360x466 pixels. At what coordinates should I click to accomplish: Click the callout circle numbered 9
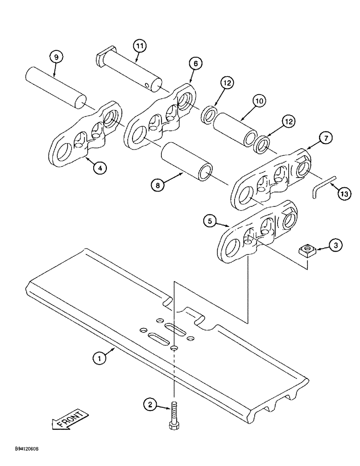pyautogui.click(x=55, y=57)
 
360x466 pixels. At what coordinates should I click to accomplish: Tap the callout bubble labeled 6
pyautogui.click(x=195, y=64)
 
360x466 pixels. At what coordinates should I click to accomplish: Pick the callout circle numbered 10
pyautogui.click(x=259, y=101)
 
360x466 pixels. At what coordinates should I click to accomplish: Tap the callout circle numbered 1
pyautogui.click(x=99, y=359)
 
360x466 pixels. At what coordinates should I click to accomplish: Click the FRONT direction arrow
pyautogui.click(x=68, y=418)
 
